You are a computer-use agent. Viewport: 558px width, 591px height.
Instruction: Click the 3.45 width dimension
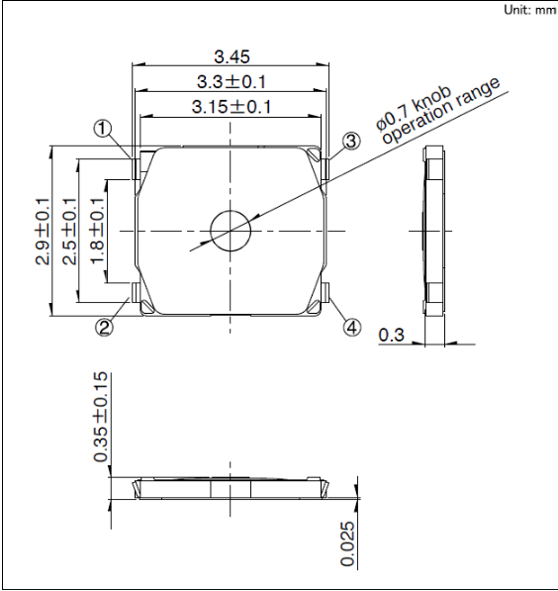(x=232, y=56)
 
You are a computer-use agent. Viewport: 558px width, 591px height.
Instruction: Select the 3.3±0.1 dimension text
(x=232, y=82)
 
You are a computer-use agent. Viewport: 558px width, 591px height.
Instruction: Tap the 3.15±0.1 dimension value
(x=232, y=107)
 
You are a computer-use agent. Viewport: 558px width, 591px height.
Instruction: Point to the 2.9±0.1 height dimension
(x=43, y=231)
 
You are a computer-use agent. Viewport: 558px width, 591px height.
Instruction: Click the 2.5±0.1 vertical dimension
(x=69, y=231)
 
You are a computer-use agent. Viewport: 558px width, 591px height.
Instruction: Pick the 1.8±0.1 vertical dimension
(x=97, y=231)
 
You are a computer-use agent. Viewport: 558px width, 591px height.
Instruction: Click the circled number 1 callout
(x=103, y=130)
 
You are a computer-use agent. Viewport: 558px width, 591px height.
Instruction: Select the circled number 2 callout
(x=104, y=327)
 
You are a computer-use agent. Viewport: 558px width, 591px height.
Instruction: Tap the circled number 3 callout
(x=351, y=142)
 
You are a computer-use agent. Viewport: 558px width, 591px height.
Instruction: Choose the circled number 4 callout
(x=352, y=327)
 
